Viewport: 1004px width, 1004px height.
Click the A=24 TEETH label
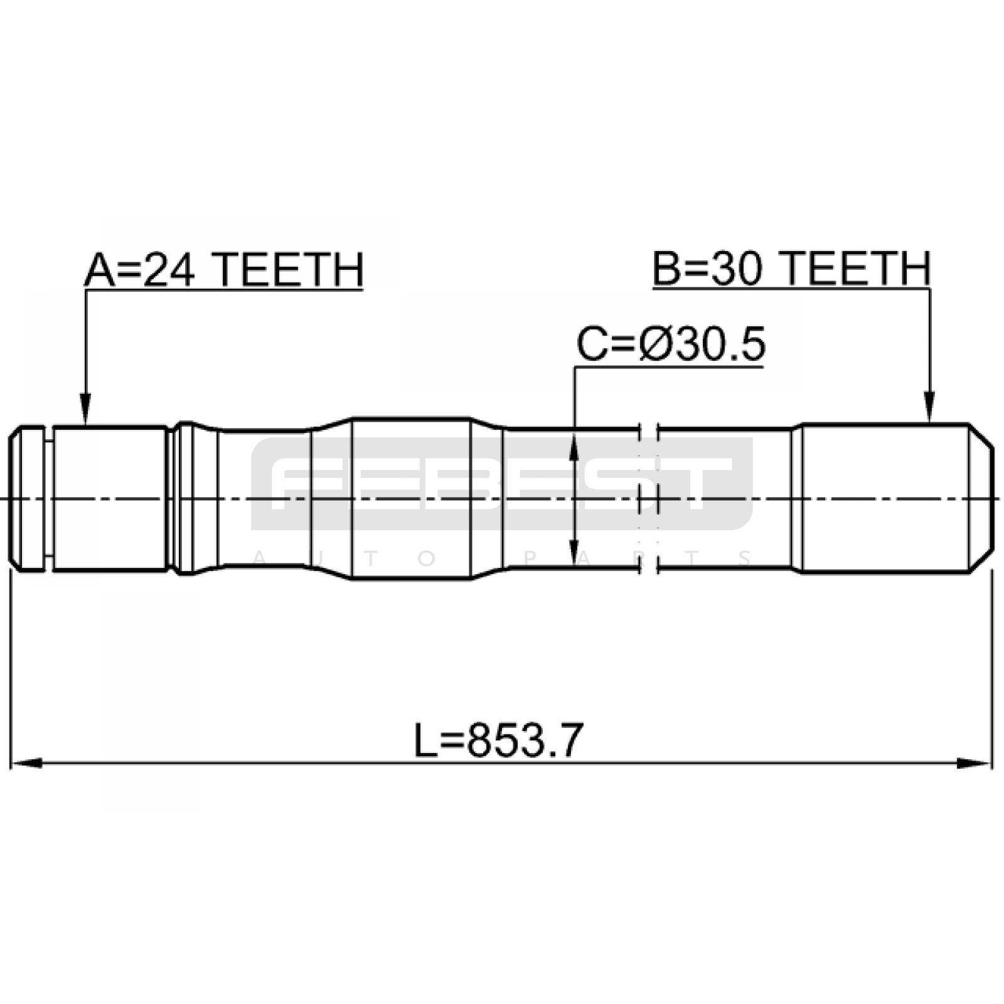pyautogui.click(x=224, y=270)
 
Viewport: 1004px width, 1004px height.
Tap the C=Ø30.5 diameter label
pyautogui.click(x=671, y=344)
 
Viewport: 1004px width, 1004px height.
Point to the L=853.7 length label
pyautogui.click(x=499, y=740)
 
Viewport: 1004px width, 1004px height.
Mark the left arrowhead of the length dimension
pyautogui.click(x=26, y=764)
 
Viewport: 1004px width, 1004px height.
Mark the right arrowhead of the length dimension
pyautogui.click(x=975, y=764)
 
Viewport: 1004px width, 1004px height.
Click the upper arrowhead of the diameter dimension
pyautogui.click(x=574, y=447)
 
